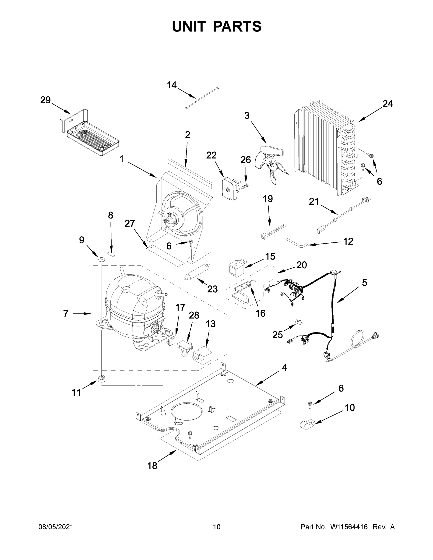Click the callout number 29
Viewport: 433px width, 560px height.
pyautogui.click(x=46, y=100)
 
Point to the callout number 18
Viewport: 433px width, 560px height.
pyautogui.click(x=152, y=466)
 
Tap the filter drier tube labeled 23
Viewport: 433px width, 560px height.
pyautogui.click(x=197, y=272)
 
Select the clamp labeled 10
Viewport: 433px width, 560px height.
pyautogui.click(x=307, y=424)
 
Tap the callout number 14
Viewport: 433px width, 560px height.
pyautogui.click(x=172, y=85)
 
